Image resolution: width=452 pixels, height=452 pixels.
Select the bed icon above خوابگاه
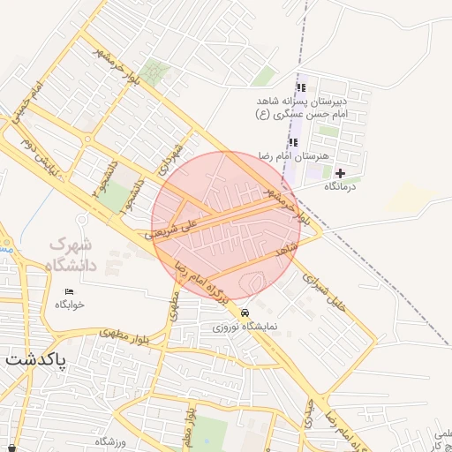pyautogui.click(x=69, y=292)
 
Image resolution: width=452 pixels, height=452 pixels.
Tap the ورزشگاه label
pyautogui.click(x=112, y=441)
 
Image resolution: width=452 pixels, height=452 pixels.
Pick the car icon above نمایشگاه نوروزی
pyautogui.click(x=245, y=313)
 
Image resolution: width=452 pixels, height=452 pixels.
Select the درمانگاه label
pyautogui.click(x=340, y=186)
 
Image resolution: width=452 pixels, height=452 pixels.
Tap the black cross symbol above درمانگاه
pyautogui.click(x=340, y=173)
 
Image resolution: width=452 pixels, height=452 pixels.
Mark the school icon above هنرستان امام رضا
pyautogui.click(x=294, y=142)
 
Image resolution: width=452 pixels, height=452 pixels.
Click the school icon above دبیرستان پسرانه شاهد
pyautogui.click(x=301, y=88)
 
